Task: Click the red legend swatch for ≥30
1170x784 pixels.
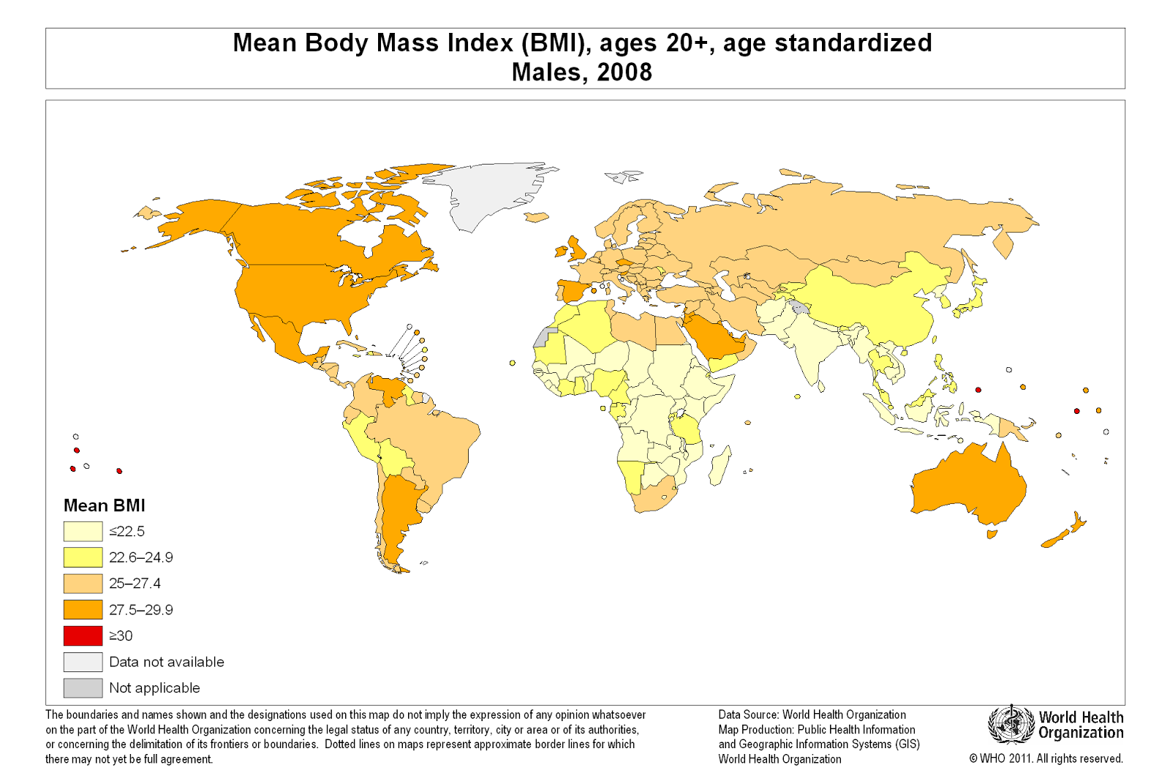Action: coord(83,636)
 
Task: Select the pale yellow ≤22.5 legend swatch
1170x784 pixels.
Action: coord(83,531)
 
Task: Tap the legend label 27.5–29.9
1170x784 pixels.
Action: coord(141,610)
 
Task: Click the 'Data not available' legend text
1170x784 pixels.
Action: coord(167,662)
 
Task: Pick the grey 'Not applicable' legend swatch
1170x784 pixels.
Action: coord(83,688)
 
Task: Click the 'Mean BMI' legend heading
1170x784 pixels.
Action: coord(105,505)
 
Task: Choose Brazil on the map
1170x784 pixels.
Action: coord(431,439)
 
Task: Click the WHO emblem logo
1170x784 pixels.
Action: coord(1011,724)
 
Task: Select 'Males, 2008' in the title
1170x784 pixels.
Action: coord(582,72)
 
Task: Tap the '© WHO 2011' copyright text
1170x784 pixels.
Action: coord(1046,758)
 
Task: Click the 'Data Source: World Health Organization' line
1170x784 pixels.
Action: coord(812,715)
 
